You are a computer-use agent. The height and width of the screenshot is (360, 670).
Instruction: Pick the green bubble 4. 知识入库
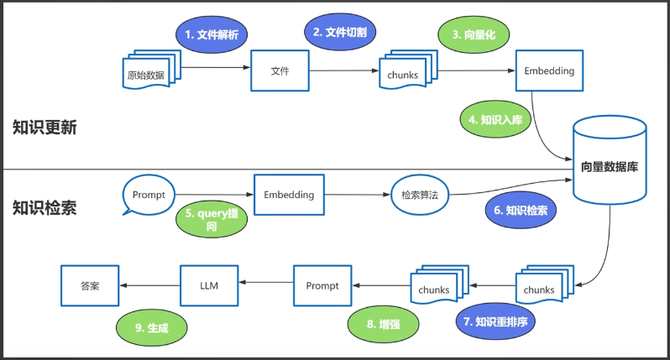tap(495, 120)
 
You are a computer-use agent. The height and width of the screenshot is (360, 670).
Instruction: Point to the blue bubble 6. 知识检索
tap(521, 211)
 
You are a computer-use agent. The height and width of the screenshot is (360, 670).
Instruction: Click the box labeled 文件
tap(280, 70)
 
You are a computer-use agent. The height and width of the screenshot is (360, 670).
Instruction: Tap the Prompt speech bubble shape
tap(149, 195)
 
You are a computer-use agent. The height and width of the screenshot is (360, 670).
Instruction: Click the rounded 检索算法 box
tap(420, 195)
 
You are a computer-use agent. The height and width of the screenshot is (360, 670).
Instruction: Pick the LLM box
tap(210, 286)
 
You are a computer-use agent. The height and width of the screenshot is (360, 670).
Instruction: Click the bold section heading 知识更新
tap(44, 128)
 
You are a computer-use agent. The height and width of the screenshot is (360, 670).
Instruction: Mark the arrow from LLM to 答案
tap(150, 286)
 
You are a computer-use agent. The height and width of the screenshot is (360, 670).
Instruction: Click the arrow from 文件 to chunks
tap(344, 70)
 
